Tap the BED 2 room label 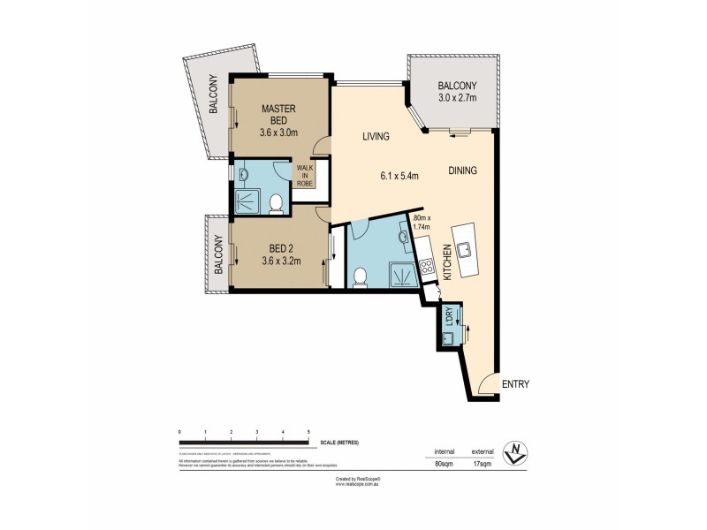[281, 248]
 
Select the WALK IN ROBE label [305, 176]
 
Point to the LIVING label [377, 137]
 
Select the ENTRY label [515, 384]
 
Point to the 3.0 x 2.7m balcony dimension [458, 98]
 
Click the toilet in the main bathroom [360, 279]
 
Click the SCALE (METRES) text [340, 441]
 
